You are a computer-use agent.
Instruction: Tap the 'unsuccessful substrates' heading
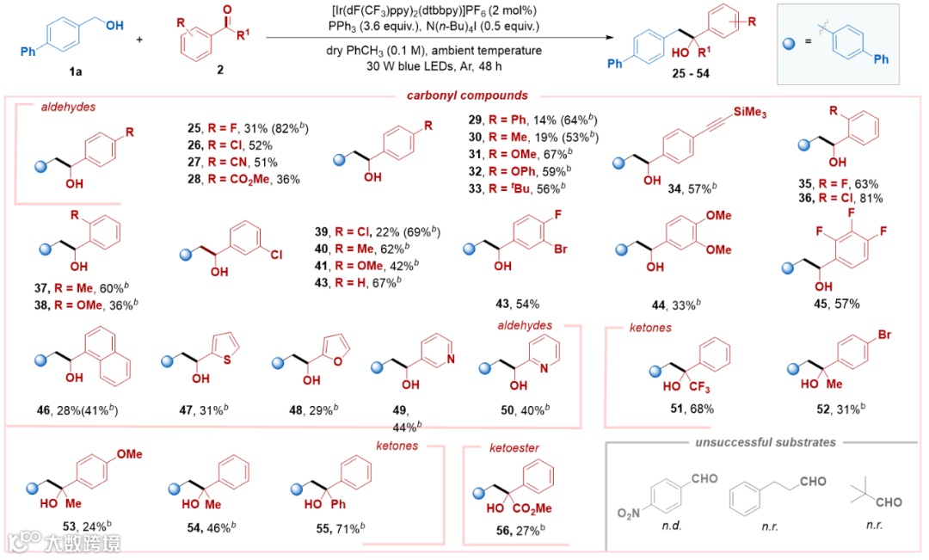766,442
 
